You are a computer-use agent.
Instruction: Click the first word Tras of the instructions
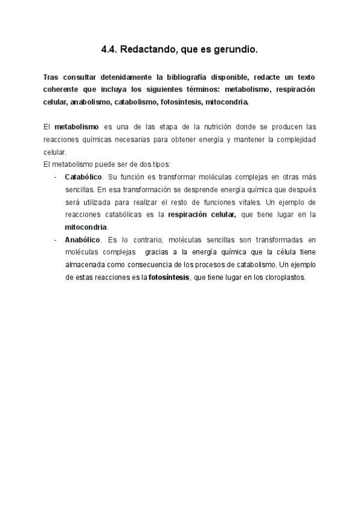(52, 78)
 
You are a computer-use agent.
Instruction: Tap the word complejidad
(293, 139)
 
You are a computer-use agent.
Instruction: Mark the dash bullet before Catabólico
(55, 177)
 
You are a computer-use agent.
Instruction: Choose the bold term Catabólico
(83, 177)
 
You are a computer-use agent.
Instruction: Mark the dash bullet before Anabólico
(55, 239)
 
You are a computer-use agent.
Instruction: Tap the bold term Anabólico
(82, 239)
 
